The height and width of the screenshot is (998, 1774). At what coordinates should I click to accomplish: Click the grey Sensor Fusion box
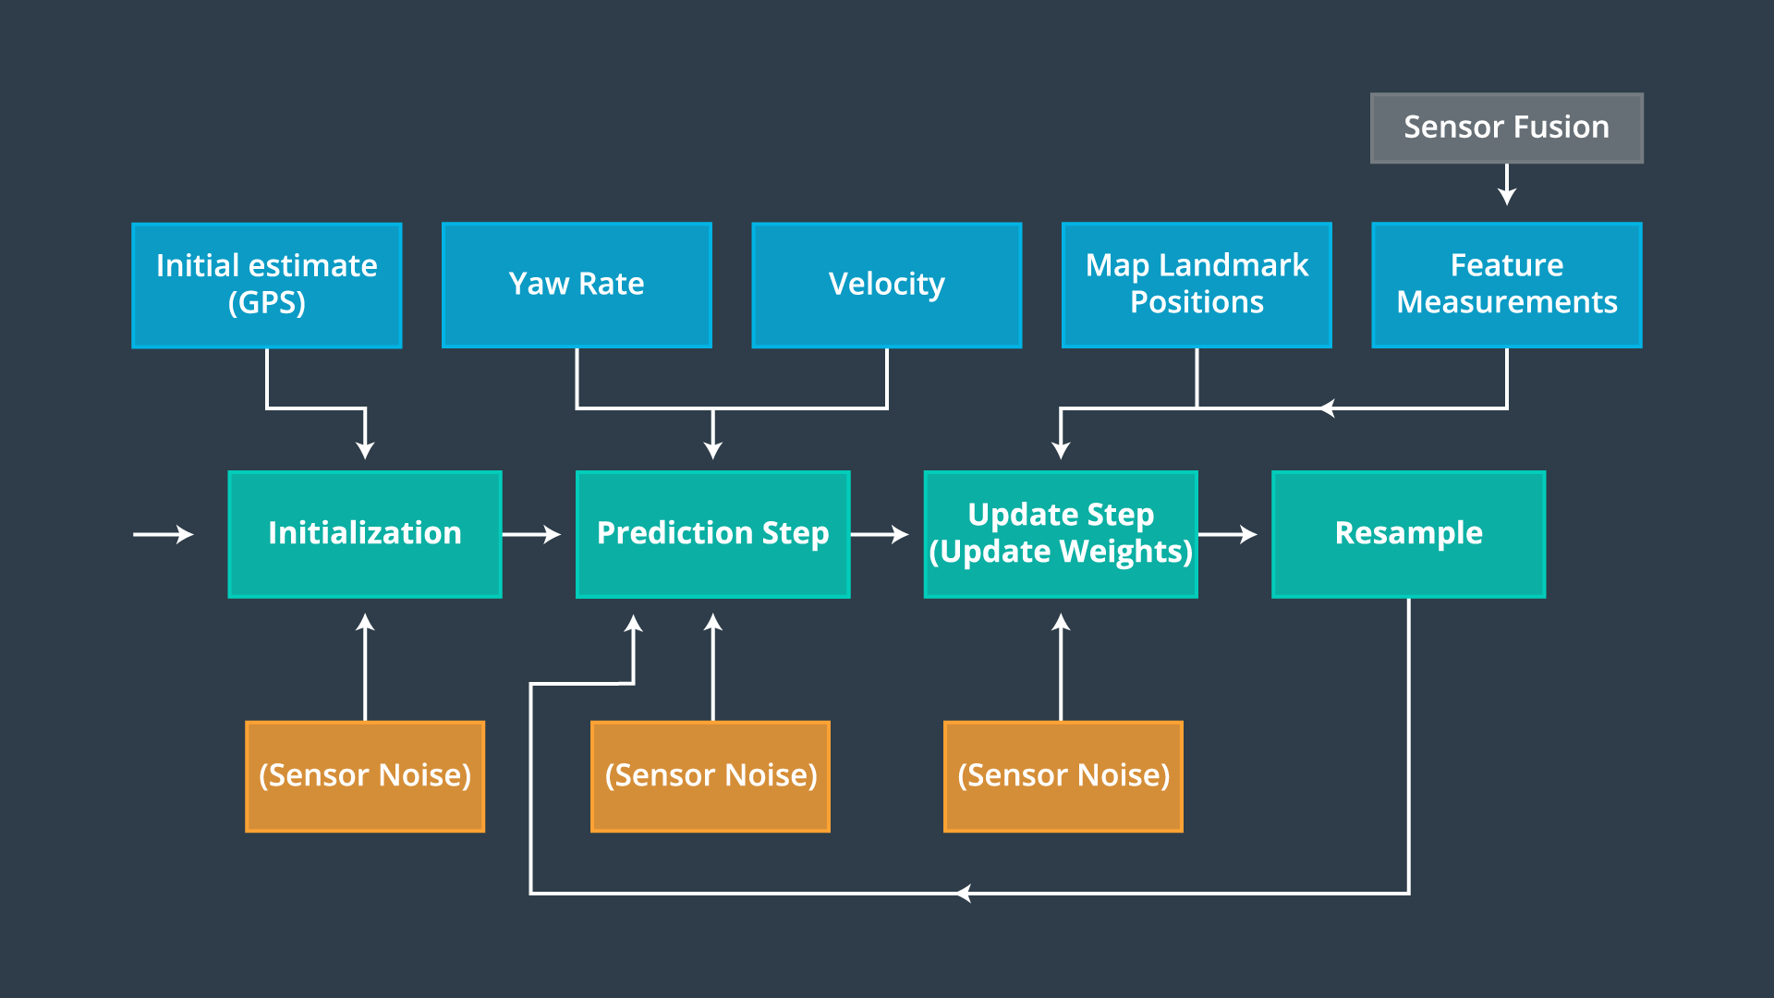click(1506, 128)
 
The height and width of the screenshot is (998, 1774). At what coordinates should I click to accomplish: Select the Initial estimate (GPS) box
click(266, 285)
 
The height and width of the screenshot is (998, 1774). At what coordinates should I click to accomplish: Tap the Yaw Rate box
click(577, 285)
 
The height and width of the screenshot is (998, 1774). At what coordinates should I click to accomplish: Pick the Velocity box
click(886, 285)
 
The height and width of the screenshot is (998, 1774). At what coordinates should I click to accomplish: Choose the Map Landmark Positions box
click(1197, 285)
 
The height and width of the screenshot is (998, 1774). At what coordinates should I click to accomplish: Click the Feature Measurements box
click(1506, 285)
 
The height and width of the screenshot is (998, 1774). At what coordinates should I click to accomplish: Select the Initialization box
click(365, 534)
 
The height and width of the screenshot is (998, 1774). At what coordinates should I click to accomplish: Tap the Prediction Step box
click(712, 534)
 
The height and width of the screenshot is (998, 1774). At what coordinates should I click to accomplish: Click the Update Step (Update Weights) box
click(1061, 534)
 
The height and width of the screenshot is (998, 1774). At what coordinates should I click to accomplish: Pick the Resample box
click(1408, 534)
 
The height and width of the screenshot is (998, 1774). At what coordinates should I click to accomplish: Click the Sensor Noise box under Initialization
click(365, 776)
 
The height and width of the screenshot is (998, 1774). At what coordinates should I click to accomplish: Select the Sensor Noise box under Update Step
click(1063, 776)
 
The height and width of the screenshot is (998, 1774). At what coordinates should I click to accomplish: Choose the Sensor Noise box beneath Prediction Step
click(710, 776)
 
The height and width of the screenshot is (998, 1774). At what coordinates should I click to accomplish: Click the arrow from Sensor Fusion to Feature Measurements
click(1507, 185)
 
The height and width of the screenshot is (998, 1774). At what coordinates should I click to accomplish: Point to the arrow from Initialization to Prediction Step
click(532, 534)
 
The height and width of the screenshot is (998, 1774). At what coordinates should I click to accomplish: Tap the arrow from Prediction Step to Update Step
click(880, 534)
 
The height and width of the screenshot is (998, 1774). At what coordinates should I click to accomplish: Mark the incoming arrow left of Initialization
click(164, 534)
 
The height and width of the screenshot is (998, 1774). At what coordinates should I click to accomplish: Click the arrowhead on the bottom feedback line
click(964, 893)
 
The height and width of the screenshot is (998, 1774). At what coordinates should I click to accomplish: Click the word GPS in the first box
click(267, 303)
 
